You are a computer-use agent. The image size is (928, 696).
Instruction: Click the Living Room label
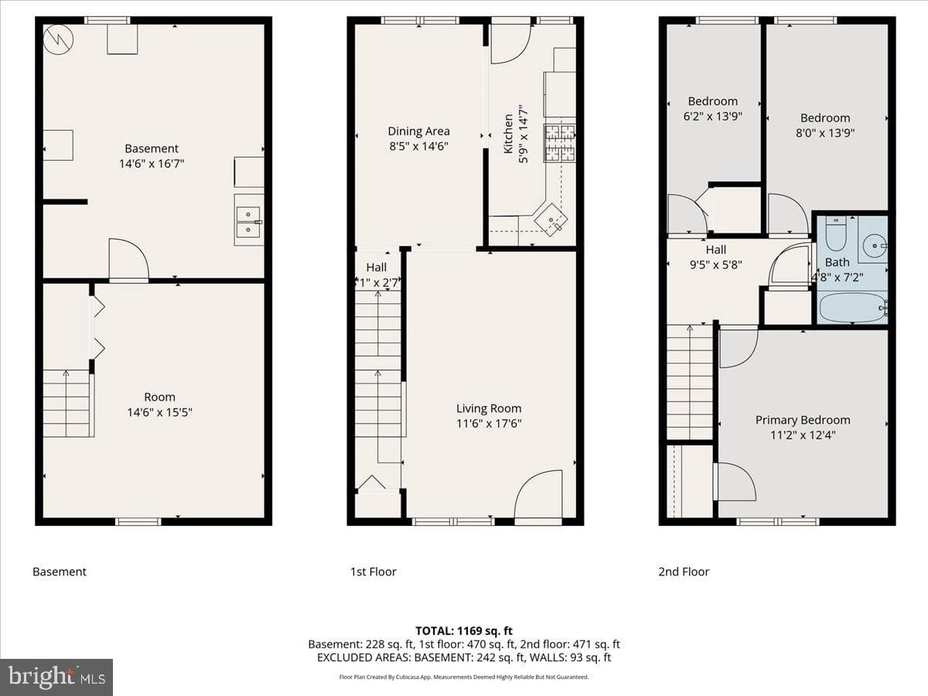(x=489, y=408)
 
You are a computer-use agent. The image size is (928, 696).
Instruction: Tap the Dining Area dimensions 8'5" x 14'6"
(x=418, y=146)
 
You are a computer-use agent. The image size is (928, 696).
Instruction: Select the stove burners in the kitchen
(x=559, y=143)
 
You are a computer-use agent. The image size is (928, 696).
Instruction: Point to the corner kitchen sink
(x=551, y=220)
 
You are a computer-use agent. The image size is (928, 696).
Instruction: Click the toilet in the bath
(x=835, y=234)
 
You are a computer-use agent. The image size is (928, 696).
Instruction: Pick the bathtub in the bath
(x=852, y=307)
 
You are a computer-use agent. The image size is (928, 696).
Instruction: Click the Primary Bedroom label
(x=803, y=420)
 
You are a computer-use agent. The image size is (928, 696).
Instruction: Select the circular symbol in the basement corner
(x=58, y=39)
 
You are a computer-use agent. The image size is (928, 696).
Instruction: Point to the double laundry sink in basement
(x=249, y=220)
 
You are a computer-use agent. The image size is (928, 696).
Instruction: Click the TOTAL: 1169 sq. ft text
(x=464, y=631)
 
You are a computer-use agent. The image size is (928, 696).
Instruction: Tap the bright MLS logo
(x=56, y=677)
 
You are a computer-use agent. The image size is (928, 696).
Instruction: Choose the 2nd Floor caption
(x=684, y=571)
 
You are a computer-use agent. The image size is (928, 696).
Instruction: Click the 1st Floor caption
(x=373, y=571)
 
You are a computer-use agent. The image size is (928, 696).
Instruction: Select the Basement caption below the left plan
(x=60, y=571)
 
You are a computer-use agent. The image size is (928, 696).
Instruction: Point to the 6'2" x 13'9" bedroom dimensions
(x=713, y=116)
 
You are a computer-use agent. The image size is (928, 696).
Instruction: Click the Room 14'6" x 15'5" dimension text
(x=160, y=412)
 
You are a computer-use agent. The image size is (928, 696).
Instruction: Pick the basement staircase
(x=67, y=403)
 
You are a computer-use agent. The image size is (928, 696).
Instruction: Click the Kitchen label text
(x=508, y=134)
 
